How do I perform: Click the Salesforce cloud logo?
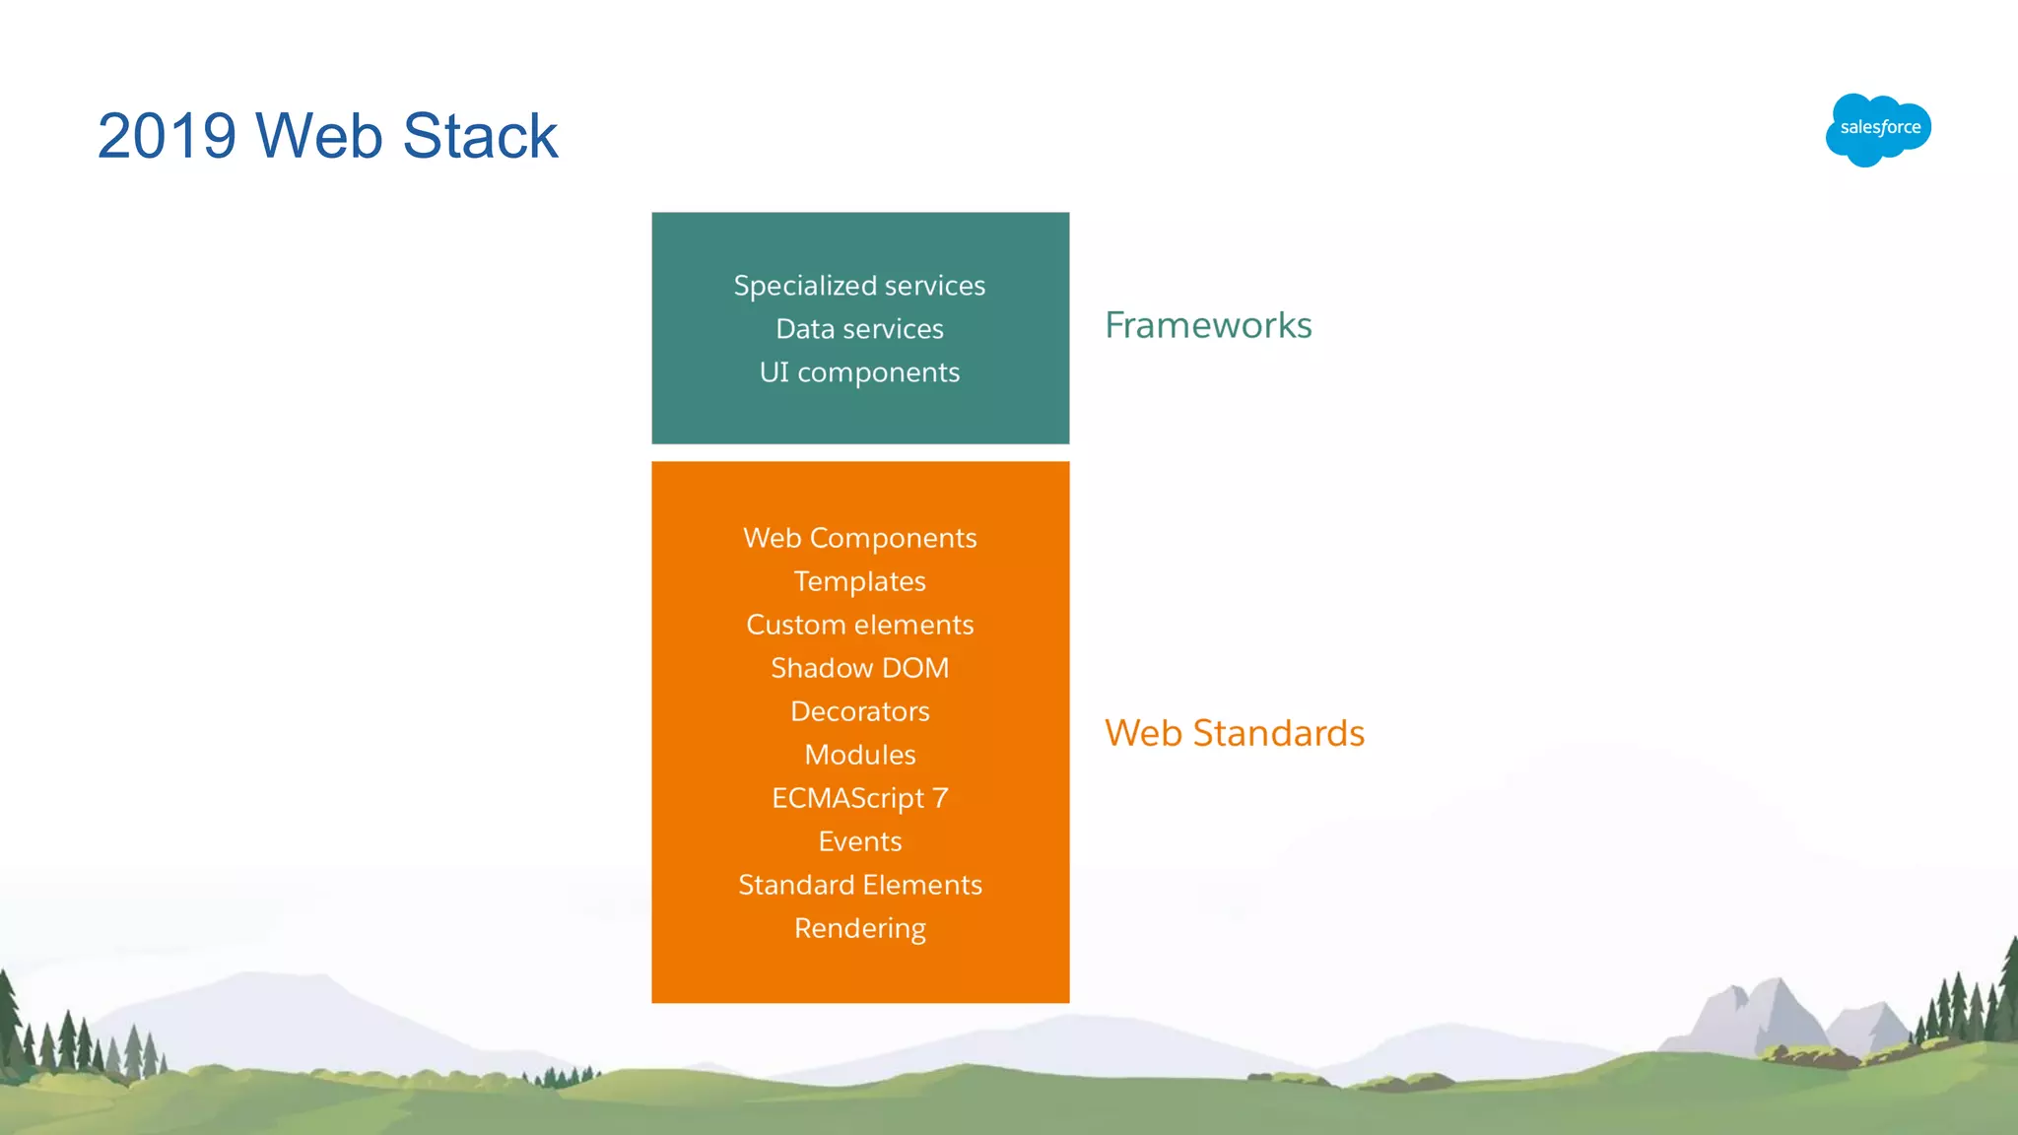click(x=1878, y=129)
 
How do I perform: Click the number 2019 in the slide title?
click(x=167, y=136)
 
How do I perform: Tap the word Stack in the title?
click(x=480, y=136)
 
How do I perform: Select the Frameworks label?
click(x=1208, y=325)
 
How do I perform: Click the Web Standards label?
click(x=1234, y=733)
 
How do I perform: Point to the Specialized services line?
click(x=859, y=286)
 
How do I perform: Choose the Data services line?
click(x=859, y=329)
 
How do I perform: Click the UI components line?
click(x=859, y=372)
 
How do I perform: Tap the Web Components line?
click(x=859, y=538)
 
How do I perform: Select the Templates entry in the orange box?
click(x=859, y=581)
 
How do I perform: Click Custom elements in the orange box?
click(x=859, y=625)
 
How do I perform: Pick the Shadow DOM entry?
click(x=859, y=668)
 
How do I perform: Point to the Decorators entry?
click(x=859, y=711)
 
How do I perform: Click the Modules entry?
click(x=859, y=755)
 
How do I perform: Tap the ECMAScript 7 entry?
click(x=859, y=798)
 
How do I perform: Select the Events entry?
click(x=859, y=841)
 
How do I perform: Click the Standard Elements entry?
click(x=859, y=885)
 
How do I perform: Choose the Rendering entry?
click(x=859, y=928)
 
